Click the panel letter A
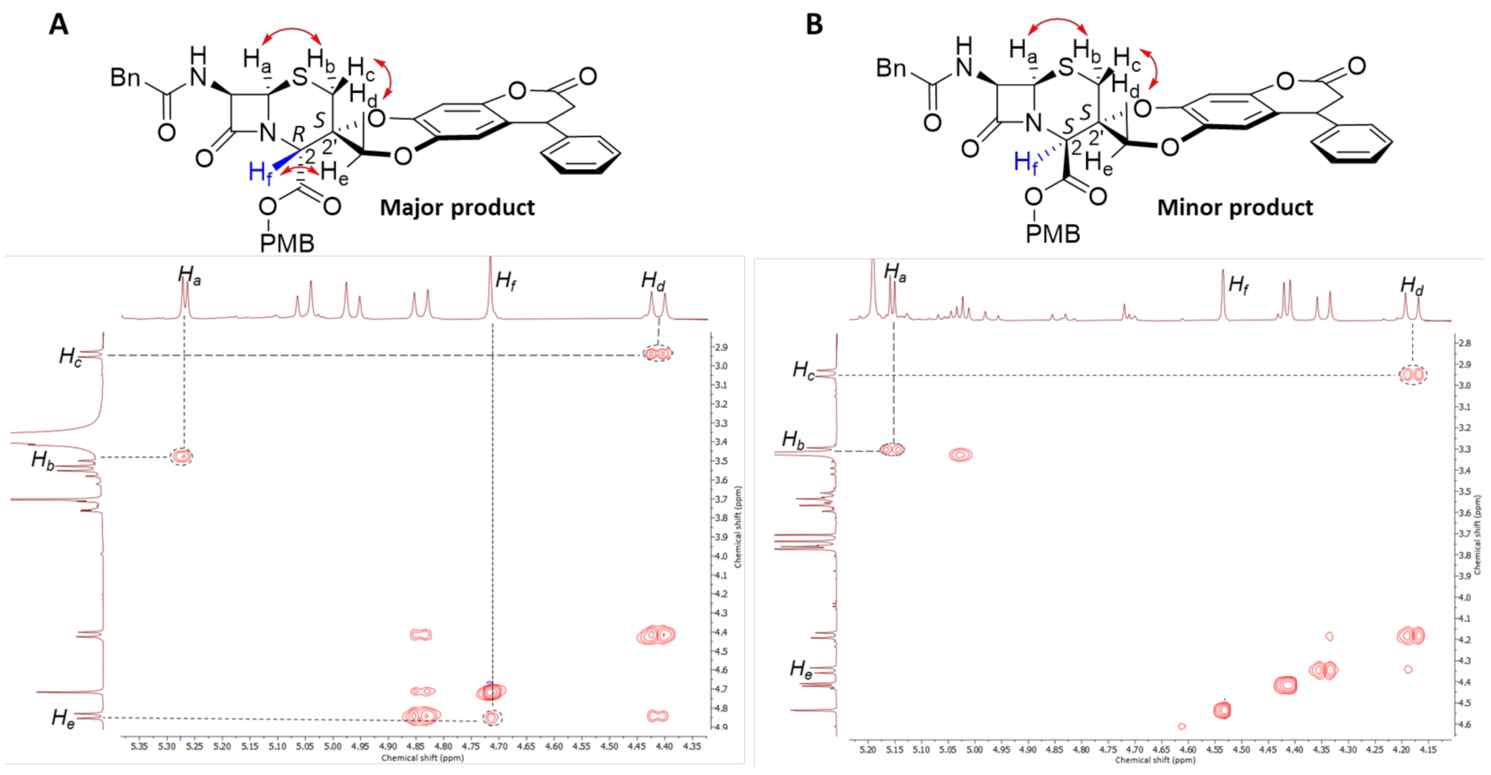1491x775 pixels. tap(59, 25)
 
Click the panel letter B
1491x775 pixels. tap(814, 25)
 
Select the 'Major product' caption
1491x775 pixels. tap(457, 207)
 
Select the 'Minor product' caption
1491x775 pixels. tap(1235, 207)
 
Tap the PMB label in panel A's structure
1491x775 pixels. tap(287, 243)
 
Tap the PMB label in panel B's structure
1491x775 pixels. tap(1053, 234)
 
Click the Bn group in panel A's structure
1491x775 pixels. tap(125, 77)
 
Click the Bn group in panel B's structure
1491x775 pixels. tap(892, 68)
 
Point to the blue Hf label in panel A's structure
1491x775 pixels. tap(260, 174)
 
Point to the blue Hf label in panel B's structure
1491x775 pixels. tap(1026, 162)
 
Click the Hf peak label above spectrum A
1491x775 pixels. tap(505, 281)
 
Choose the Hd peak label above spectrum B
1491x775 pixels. tap(1411, 285)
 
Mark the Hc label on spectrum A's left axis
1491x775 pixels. tap(70, 357)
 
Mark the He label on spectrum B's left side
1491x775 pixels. tap(801, 669)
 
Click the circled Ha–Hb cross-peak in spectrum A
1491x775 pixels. tap(182, 456)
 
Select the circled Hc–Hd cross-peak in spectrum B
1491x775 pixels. tap(1412, 374)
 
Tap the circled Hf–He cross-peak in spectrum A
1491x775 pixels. tap(491, 718)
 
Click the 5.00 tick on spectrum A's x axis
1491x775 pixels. tap(332, 746)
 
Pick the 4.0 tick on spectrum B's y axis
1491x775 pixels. tap(1464, 598)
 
